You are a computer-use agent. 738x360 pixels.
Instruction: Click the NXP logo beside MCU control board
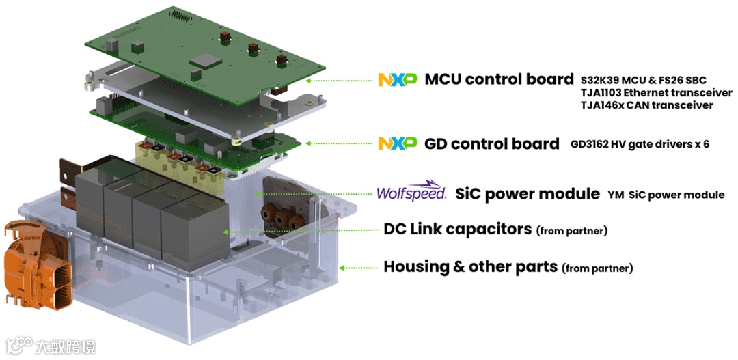[x=397, y=79]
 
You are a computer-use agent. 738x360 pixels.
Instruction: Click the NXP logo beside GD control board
[x=397, y=143]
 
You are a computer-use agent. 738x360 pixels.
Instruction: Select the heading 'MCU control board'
[x=499, y=79]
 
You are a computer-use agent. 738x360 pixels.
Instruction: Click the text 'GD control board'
[x=491, y=143]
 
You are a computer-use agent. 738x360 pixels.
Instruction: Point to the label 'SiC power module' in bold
[x=528, y=194]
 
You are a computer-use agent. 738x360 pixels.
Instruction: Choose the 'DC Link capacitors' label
[x=457, y=230]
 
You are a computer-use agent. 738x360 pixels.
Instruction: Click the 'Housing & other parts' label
[x=470, y=266]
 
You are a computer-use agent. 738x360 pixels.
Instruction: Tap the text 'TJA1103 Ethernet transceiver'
[x=646, y=93]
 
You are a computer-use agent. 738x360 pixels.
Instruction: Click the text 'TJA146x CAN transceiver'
[x=646, y=105]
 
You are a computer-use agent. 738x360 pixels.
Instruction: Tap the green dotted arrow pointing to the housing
[x=357, y=267]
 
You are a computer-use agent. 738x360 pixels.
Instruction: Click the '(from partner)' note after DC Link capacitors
[x=572, y=231]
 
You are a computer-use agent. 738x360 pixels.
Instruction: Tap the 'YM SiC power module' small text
[x=666, y=195]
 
